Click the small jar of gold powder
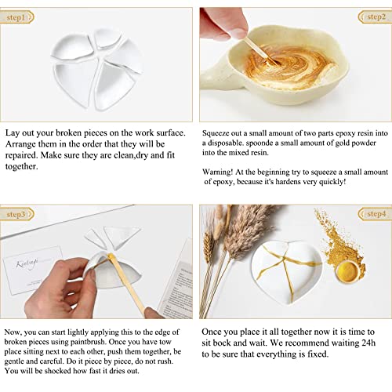pos(350,271)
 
